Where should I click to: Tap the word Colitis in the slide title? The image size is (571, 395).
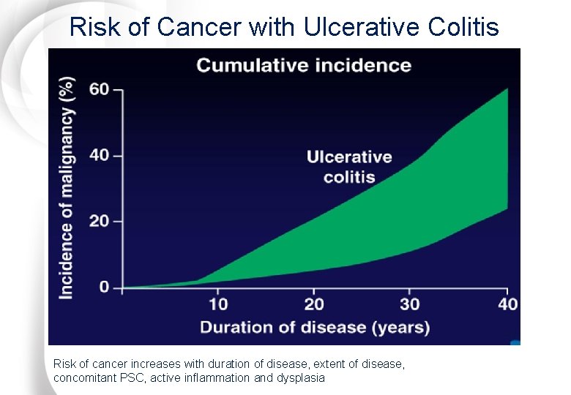click(x=461, y=27)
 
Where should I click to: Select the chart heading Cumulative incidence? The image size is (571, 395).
click(x=304, y=65)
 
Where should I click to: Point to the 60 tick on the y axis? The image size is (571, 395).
click(x=99, y=89)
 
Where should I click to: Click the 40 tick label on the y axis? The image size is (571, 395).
click(x=99, y=155)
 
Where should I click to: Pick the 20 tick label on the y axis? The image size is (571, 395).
click(x=99, y=221)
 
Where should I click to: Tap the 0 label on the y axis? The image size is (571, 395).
click(x=105, y=287)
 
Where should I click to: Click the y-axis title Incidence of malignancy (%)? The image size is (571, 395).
click(x=67, y=189)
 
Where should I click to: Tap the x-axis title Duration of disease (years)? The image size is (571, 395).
click(x=315, y=326)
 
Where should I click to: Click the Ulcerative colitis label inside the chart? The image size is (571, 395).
click(x=349, y=167)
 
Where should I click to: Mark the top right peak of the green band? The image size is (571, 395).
click(x=507, y=89)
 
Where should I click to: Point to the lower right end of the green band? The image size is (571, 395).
click(x=507, y=208)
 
